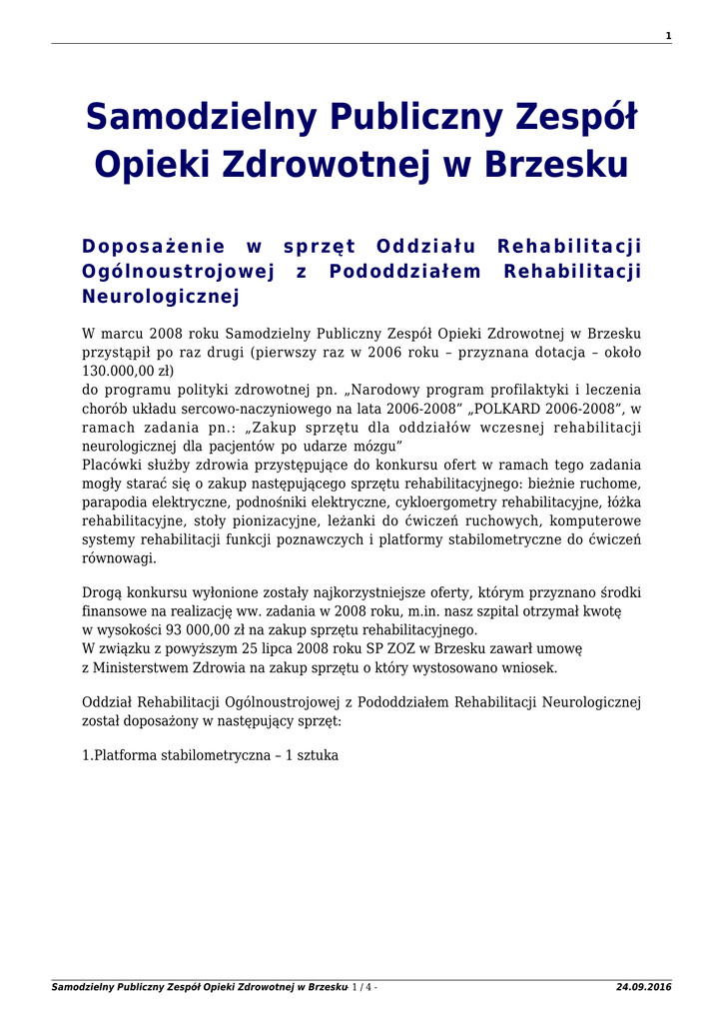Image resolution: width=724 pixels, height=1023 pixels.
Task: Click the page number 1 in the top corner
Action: (x=668, y=36)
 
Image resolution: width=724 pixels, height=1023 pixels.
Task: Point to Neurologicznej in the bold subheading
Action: (x=161, y=297)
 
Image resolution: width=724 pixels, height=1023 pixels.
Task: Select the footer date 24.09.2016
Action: (x=644, y=988)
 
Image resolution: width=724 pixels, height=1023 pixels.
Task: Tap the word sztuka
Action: (x=318, y=755)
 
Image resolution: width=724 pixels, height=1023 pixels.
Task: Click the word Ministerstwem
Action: (x=140, y=668)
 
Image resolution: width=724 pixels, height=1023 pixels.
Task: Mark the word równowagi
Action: (x=119, y=558)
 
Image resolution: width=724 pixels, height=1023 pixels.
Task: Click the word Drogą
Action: (x=101, y=593)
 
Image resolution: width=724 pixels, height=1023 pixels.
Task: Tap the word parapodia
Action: (x=117, y=503)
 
